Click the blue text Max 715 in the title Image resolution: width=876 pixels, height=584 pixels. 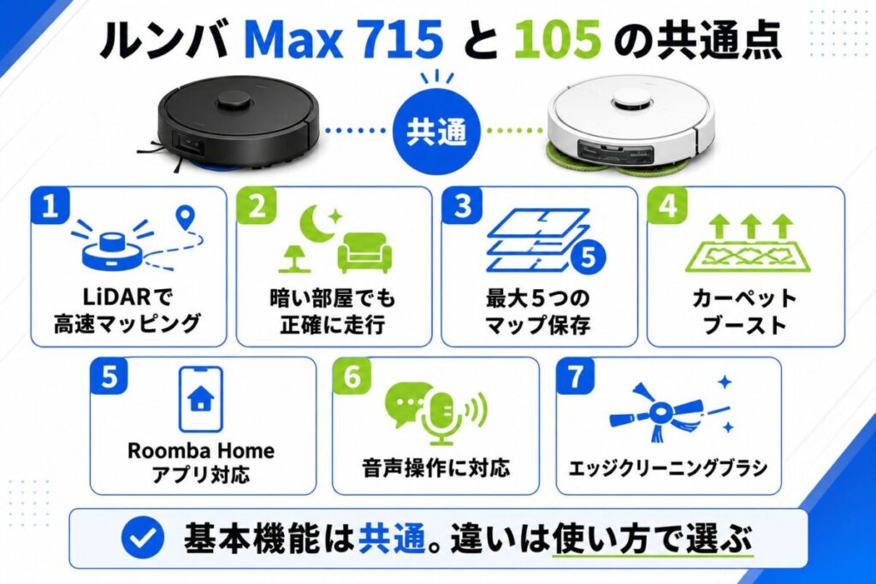344,39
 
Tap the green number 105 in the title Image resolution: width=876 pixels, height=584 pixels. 557,39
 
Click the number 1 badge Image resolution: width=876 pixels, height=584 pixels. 50,206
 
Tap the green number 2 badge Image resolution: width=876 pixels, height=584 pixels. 257,206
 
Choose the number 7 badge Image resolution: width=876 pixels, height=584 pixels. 576,377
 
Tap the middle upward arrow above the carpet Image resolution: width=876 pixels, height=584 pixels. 750,226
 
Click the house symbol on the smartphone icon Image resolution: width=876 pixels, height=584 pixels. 201,399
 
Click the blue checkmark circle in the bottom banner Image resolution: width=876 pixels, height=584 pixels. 143,537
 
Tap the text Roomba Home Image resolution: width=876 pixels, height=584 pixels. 201,450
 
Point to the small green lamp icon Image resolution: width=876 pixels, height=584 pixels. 294,258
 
